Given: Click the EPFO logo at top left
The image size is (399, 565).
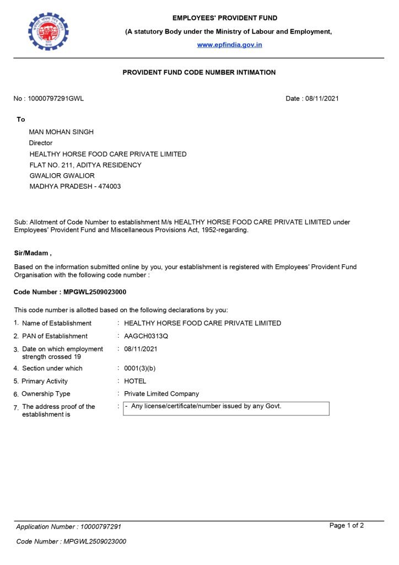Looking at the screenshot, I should coord(48,31).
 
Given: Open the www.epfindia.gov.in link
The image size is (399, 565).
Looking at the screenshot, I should coord(230,45).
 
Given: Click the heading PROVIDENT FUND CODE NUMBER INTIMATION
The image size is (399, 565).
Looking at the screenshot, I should coord(199,72).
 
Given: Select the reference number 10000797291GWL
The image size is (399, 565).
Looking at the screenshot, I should coord(56,99).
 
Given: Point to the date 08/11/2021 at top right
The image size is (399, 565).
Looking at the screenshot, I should coord(321,99).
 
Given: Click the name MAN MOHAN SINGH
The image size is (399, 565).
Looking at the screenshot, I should coord(61,132).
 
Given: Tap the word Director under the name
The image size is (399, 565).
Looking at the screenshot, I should coord(41,143).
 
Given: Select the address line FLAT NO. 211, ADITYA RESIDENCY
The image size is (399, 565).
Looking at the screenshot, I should coord(85,165).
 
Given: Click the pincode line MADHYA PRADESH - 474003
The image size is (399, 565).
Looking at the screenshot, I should coord(75,186).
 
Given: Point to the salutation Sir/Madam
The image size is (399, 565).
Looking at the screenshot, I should coord(33,253).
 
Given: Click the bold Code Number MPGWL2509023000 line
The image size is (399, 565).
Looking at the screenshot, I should coord(66,292).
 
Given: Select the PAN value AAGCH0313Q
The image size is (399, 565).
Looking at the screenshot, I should coord(146,336).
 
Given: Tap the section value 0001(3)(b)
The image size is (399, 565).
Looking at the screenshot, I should coord(140,368).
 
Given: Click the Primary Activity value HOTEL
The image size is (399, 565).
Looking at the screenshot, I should coord(135,381).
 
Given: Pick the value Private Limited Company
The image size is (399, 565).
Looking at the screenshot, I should coord(161,394).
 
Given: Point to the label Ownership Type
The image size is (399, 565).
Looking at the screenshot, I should coord(46,394).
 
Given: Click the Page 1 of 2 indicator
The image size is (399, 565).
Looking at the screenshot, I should coord(346,525).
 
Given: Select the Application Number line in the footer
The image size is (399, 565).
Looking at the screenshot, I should coord(69,527).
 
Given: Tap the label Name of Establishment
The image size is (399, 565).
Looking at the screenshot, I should coord(57,323).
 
